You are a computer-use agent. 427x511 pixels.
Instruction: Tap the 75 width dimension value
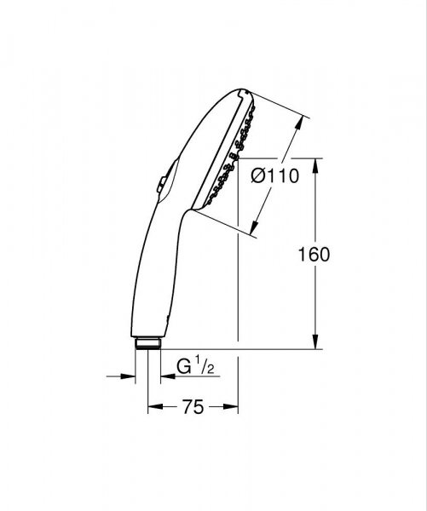point(193,407)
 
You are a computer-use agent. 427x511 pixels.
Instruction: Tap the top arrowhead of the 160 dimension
point(317,164)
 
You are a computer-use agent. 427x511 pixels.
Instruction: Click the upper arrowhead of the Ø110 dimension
point(299,123)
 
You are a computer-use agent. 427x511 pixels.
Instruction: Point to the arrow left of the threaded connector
point(129,376)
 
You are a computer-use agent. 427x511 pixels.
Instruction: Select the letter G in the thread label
point(182,369)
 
